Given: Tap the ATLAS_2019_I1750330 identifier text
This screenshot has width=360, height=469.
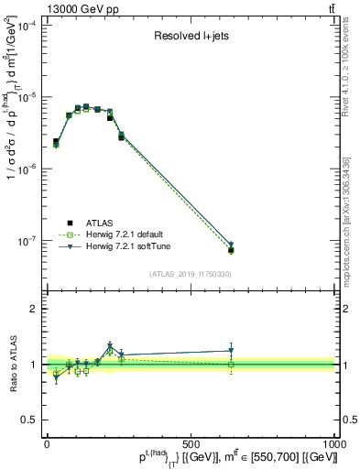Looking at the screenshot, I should (191, 273).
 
